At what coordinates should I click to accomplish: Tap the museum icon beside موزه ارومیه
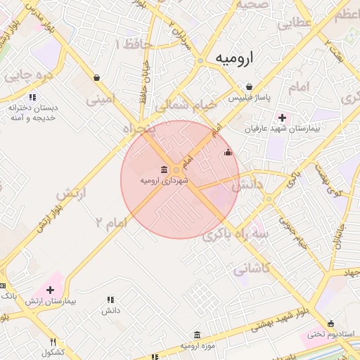(196, 334)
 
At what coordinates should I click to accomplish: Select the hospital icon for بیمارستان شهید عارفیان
(283, 117)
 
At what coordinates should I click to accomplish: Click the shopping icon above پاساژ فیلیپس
(249, 86)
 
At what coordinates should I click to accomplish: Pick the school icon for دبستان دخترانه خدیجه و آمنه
(32, 97)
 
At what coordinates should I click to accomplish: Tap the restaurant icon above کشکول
(51, 342)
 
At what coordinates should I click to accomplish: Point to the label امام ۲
(112, 222)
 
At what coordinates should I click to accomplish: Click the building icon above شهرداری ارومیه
(165, 169)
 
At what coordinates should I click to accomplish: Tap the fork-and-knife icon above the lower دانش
(110, 300)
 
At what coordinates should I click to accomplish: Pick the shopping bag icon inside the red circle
(227, 152)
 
